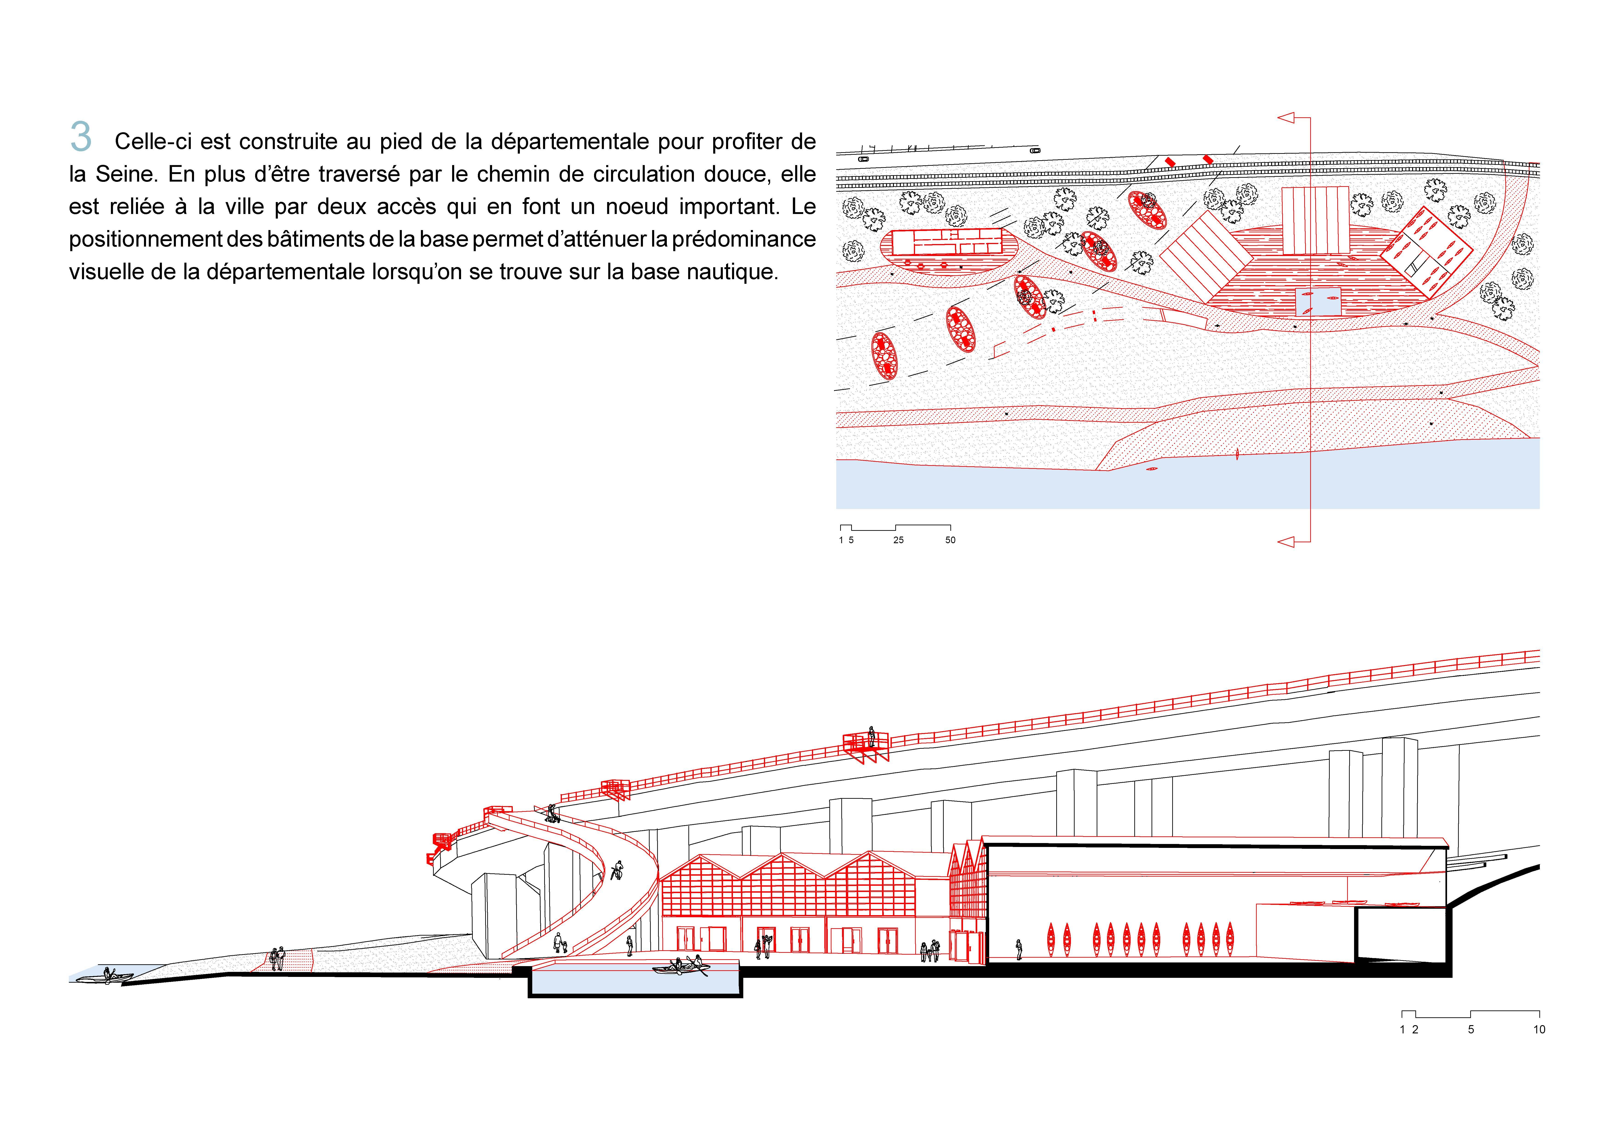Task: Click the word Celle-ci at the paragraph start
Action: [x=153, y=142]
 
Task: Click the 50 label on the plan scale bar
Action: [x=950, y=540]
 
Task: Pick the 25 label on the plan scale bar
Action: [x=898, y=540]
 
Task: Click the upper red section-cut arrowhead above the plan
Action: [x=1285, y=118]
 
